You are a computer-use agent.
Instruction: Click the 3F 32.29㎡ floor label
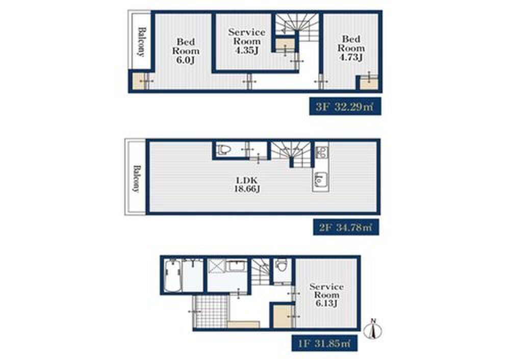345,107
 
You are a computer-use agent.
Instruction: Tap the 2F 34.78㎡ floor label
346,227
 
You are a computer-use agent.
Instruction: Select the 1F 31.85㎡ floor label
324,343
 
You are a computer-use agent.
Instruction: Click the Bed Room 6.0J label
186,51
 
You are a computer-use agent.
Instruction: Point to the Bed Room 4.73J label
351,48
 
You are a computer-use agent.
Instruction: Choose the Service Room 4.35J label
246,41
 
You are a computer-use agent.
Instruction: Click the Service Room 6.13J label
326,295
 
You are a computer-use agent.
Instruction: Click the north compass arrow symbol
374,328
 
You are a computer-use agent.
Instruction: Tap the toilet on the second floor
224,149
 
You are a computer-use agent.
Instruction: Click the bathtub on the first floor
173,276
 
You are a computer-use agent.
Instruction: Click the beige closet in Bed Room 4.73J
369,82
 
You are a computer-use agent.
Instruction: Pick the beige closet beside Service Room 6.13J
283,316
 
